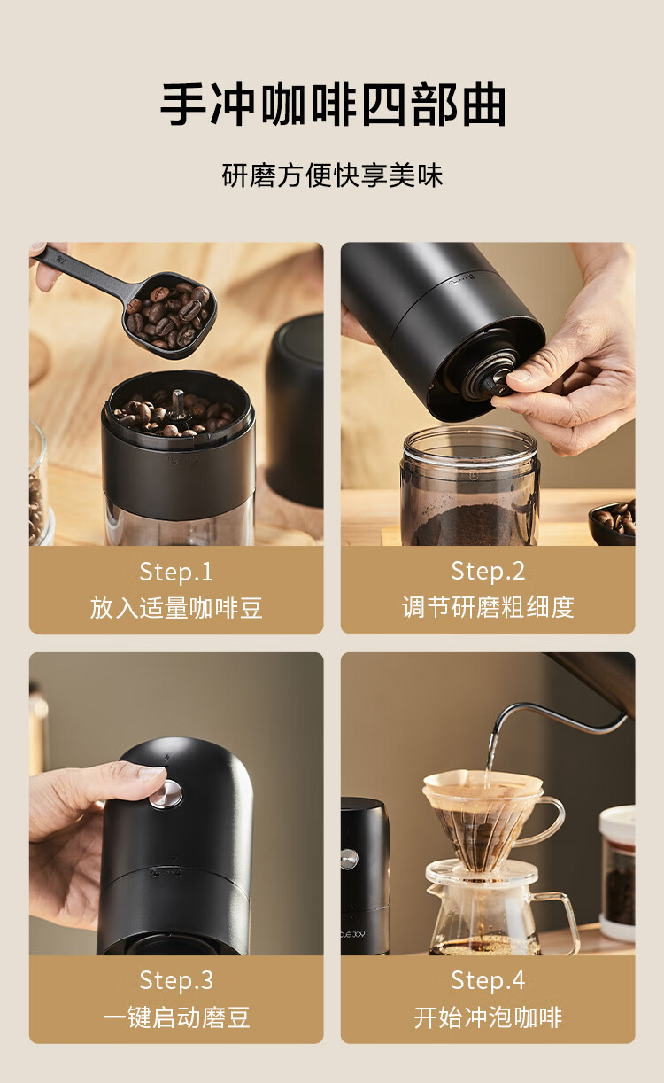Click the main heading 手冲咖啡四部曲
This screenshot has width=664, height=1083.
click(333, 105)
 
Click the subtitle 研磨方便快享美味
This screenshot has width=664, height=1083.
click(332, 175)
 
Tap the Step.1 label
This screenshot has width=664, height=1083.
click(176, 572)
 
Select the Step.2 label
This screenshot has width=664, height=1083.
click(488, 572)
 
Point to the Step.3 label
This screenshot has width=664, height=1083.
click(176, 980)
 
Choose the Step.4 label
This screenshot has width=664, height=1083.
click(488, 980)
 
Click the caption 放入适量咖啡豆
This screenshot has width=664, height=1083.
click(176, 608)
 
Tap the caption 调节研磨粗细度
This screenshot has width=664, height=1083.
click(488, 607)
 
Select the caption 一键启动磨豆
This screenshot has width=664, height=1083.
click(176, 1017)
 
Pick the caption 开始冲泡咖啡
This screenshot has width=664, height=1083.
click(488, 1017)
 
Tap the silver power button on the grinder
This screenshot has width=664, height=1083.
click(166, 794)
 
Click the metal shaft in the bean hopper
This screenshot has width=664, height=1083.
click(178, 401)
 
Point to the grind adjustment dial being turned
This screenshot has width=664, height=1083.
click(488, 378)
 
